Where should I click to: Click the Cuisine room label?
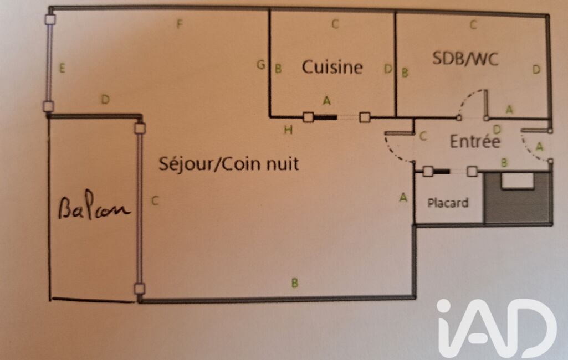click(332, 67)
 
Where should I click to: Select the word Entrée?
click(474, 141)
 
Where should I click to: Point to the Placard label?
click(448, 203)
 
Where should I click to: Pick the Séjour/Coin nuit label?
click(228, 164)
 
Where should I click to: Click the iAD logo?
click(497, 328)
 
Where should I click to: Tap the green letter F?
click(180, 24)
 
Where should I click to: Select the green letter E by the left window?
click(62, 68)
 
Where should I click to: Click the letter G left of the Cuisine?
click(260, 65)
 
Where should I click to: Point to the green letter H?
click(288, 130)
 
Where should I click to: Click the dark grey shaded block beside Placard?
click(518, 198)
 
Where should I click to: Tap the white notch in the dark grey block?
click(517, 181)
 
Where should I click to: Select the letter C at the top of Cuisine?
click(335, 24)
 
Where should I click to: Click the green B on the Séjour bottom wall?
click(295, 283)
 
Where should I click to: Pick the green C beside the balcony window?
click(155, 200)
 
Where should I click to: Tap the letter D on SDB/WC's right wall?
click(536, 69)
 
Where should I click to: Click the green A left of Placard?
click(403, 197)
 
